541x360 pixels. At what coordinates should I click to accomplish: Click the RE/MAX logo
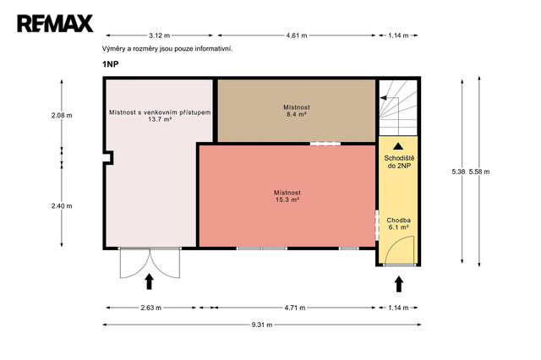(55, 24)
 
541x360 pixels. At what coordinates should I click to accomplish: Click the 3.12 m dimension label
(160, 35)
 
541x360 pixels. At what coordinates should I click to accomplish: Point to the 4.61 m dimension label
(297, 35)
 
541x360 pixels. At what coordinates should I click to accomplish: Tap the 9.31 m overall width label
(262, 325)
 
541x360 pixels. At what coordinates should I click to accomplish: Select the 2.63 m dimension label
(150, 308)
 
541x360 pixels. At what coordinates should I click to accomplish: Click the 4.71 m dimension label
(295, 308)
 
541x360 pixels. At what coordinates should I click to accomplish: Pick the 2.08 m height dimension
(62, 116)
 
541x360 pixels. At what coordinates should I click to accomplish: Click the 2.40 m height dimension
(62, 206)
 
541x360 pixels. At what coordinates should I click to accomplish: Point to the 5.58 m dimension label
(479, 172)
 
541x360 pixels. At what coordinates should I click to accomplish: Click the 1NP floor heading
(111, 64)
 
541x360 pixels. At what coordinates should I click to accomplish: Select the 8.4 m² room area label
(297, 114)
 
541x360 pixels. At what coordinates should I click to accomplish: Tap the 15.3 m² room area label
(287, 200)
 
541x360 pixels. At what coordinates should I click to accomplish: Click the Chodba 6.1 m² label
(398, 224)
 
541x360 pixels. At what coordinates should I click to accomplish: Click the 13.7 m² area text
(160, 120)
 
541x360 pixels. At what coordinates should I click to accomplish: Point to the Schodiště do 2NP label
(399, 162)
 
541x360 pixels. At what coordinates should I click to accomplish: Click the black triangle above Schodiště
(398, 146)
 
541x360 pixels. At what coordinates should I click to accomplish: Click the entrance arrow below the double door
(149, 281)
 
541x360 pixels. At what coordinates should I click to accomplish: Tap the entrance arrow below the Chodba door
(399, 284)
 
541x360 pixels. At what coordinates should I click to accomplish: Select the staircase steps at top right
(398, 107)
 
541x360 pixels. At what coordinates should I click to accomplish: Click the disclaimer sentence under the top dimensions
(167, 49)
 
